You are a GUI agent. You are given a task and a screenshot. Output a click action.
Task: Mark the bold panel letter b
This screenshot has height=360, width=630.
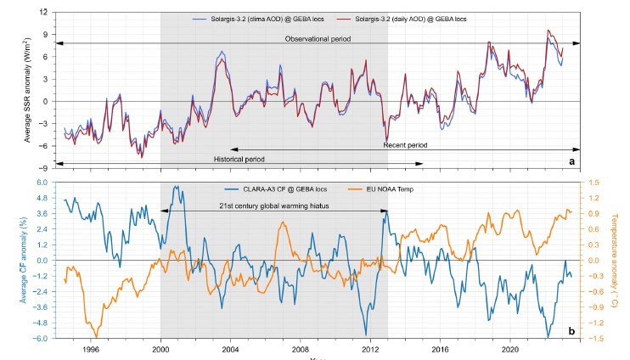click(571, 330)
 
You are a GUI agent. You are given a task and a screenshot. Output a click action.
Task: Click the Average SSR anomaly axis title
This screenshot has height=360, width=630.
click(28, 90)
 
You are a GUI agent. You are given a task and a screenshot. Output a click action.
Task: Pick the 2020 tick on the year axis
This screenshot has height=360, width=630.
click(510, 348)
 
